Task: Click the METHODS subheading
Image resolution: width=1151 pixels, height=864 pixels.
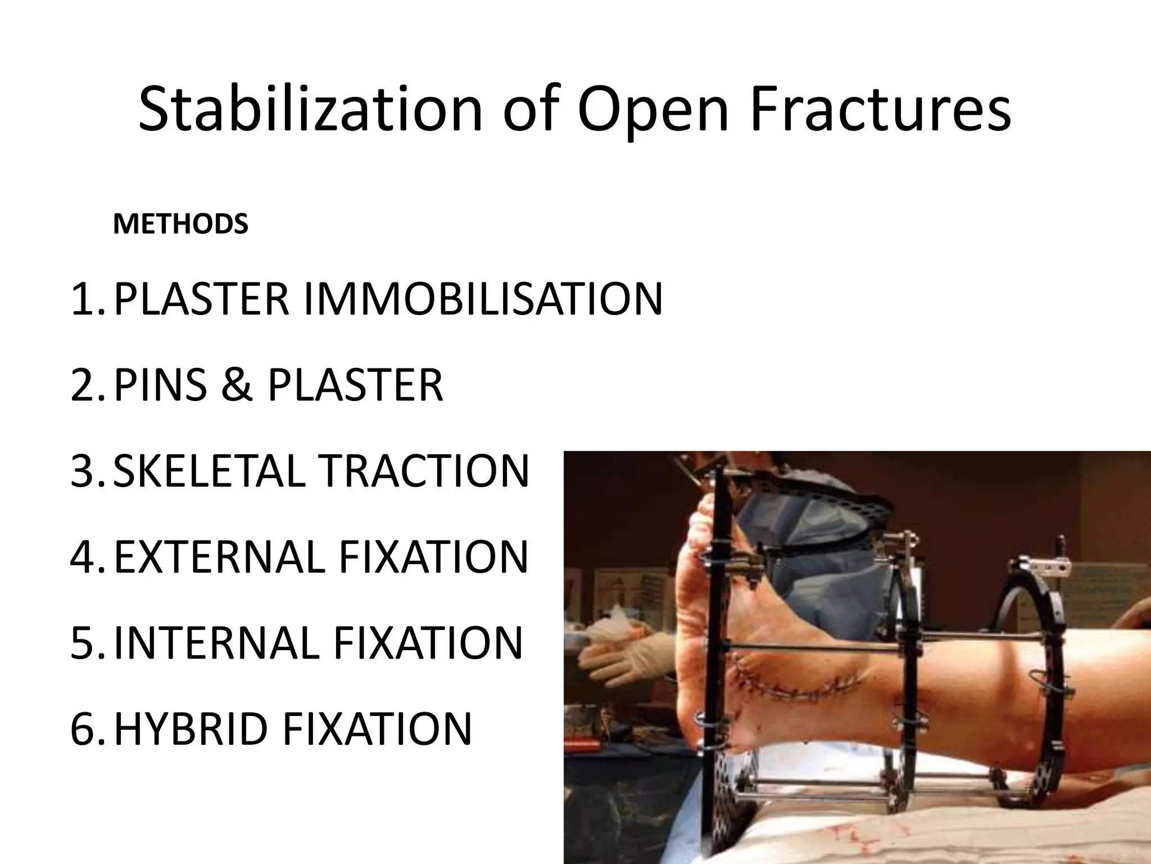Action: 180,224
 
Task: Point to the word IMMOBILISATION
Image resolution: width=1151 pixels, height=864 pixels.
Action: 483,299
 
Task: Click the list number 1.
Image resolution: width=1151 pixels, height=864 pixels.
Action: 85,299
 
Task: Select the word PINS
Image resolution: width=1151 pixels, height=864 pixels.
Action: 160,385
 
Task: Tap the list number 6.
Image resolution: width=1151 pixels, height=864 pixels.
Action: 85,729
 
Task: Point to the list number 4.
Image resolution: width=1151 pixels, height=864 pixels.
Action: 85,557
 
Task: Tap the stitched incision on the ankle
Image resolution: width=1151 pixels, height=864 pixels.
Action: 798,686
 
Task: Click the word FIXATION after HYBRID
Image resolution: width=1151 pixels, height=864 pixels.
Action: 377,729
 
